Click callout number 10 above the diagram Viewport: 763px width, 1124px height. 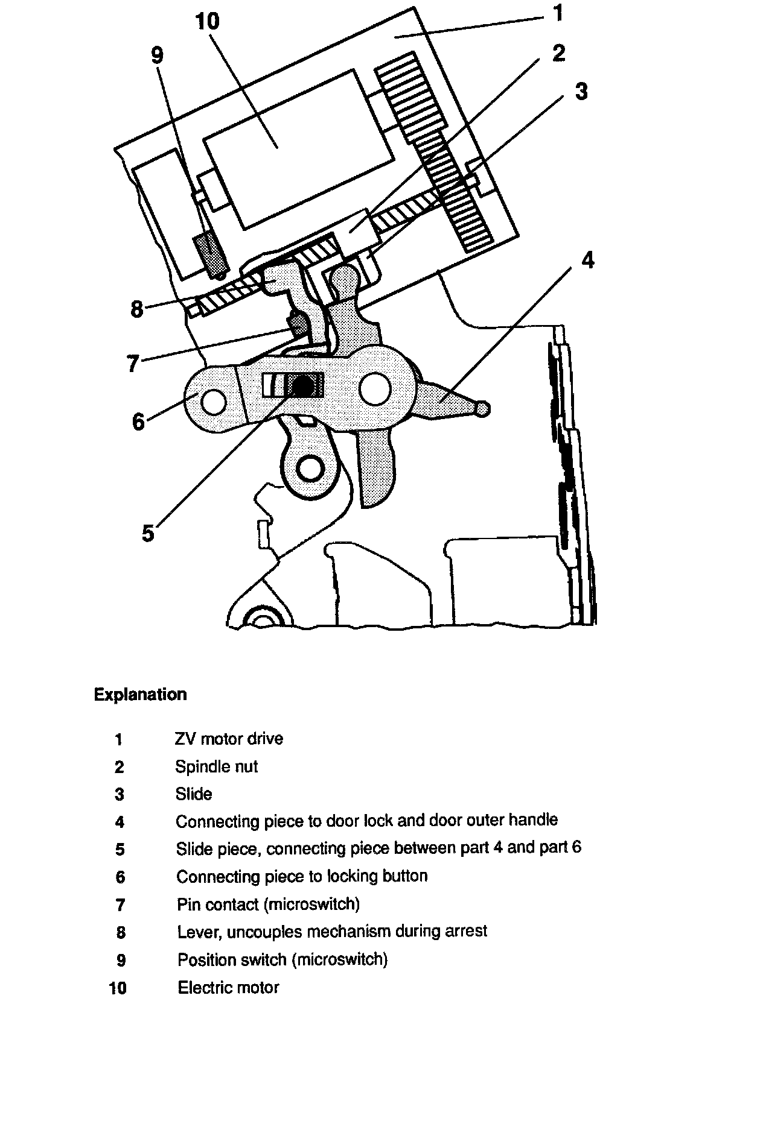click(208, 22)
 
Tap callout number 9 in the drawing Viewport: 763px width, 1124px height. click(157, 55)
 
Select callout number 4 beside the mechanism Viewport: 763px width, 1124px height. click(587, 260)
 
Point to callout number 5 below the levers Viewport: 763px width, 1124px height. click(148, 533)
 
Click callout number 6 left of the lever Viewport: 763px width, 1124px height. click(138, 421)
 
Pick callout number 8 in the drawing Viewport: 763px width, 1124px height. click(137, 309)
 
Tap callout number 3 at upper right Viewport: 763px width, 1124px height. click(581, 92)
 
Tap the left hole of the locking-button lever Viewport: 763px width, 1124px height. click(214, 402)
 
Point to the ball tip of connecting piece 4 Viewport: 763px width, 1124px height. click(482, 409)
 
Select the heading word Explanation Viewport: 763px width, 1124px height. click(140, 695)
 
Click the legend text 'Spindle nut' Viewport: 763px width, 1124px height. click(216, 766)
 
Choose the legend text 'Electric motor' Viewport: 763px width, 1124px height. click(228, 988)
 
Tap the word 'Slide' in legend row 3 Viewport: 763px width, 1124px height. click(194, 794)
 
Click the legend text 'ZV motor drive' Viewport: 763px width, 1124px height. click(229, 739)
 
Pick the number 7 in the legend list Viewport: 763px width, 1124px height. click(120, 905)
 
